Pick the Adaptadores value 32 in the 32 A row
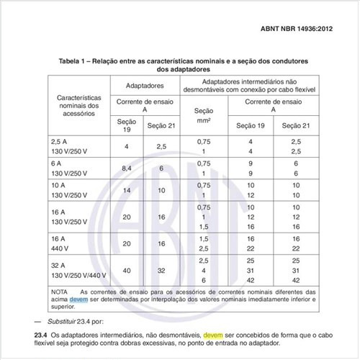(x=160, y=270)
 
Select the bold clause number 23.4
(x=40, y=335)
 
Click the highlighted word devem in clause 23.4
(x=214, y=335)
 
